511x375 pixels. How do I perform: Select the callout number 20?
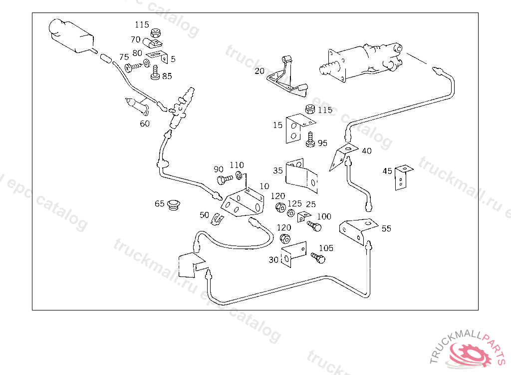pos(259,71)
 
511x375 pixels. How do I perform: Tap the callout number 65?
pos(160,203)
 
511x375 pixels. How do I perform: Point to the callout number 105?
pos(326,248)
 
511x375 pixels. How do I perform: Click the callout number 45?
pos(387,171)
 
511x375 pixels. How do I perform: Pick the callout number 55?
pos(386,228)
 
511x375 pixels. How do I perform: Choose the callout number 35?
pos(278,170)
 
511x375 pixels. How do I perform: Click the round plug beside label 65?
pos(174,204)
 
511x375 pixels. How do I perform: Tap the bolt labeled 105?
pos(318,258)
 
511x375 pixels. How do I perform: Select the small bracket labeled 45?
pos(401,177)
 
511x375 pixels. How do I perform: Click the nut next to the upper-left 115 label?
pos(155,33)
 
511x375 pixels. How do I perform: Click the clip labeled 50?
pos(217,218)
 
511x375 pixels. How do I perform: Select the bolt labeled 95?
pos(310,139)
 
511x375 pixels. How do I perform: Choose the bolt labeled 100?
pos(314,226)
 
